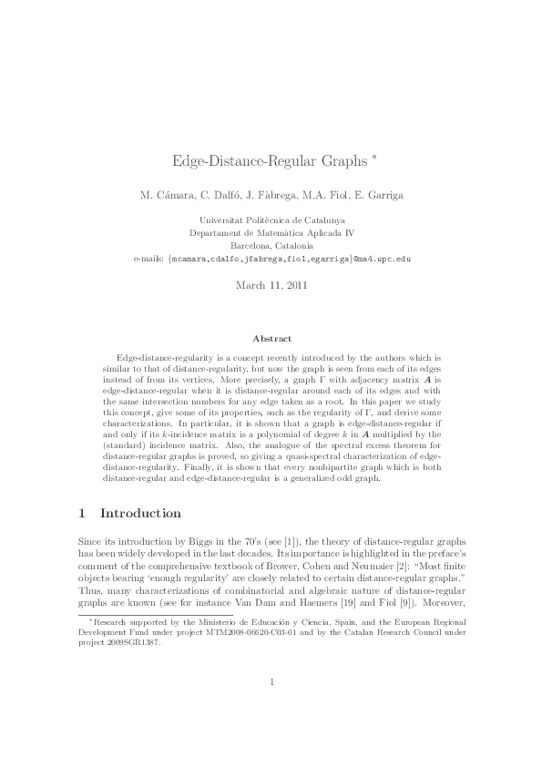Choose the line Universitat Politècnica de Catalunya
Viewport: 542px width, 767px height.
(271, 220)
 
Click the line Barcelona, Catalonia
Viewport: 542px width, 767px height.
(271, 246)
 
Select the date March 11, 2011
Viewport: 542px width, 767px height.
(271, 285)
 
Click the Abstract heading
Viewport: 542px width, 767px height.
(271, 337)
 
